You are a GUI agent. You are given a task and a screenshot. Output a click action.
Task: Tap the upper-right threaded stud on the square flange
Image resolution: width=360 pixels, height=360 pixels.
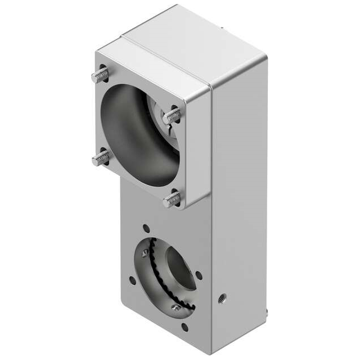coord(173,116)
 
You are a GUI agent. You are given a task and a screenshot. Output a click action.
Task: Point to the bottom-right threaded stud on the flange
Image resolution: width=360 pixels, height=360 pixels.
coord(173,199)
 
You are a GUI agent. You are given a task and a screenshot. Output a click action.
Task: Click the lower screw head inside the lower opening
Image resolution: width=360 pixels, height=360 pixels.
coord(176,307)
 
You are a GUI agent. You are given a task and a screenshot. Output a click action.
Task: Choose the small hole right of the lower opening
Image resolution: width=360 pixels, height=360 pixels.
coord(199,275)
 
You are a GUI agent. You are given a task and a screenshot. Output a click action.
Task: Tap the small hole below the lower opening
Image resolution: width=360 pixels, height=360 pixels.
coord(184,326)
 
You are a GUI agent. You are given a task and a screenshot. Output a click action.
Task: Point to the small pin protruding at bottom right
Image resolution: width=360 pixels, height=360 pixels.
coord(266,311)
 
